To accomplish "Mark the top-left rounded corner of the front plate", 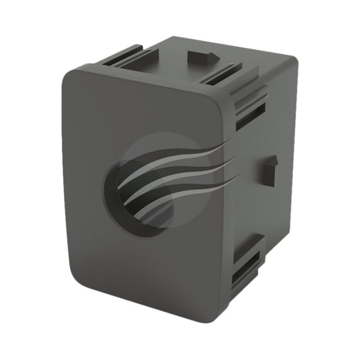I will point(72,78).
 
